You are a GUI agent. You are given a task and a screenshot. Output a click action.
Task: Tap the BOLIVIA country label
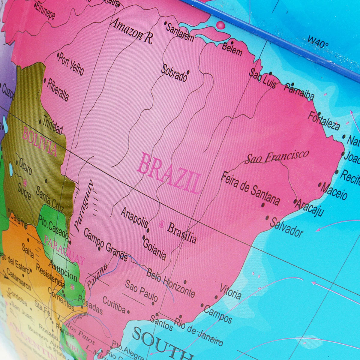tap(40, 141)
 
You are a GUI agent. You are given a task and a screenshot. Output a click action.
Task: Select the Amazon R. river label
tap(131, 31)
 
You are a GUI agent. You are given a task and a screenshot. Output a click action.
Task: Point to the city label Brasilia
tap(182, 233)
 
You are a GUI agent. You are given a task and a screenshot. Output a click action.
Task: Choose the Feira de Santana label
tap(250, 188)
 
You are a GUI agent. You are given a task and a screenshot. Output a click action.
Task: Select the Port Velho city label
tap(71, 64)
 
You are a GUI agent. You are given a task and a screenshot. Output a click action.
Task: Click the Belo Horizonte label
tap(171, 283)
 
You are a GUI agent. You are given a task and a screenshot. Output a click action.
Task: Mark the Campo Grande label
tap(105, 244)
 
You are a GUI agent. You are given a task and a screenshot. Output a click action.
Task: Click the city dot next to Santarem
tap(165, 22)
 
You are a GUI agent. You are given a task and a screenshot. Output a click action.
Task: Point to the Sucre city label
tap(24, 191)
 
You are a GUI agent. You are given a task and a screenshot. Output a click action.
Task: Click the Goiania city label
tap(154, 249)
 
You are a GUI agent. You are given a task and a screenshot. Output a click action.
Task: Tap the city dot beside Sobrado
tap(188, 72)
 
